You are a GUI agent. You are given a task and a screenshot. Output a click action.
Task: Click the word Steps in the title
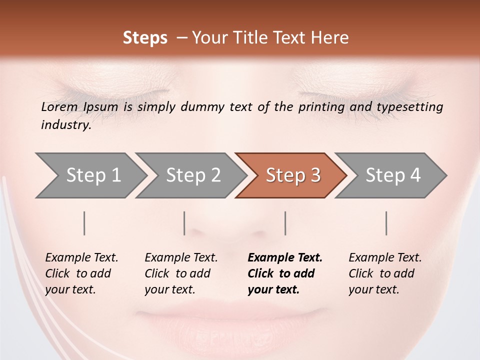[x=145, y=38]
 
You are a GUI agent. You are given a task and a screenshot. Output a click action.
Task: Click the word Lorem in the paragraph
[x=59, y=107]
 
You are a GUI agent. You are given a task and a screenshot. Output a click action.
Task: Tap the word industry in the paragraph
[x=66, y=125]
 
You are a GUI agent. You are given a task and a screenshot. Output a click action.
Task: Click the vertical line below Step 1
[x=84, y=223]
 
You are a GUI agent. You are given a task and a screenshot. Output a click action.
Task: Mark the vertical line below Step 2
[x=184, y=223]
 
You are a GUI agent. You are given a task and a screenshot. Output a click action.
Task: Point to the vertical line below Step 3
[x=285, y=223]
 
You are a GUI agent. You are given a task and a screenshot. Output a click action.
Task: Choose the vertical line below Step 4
[x=386, y=223]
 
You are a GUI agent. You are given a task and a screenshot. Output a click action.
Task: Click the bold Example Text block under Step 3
[x=285, y=273]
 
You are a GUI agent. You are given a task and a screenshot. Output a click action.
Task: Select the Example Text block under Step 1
[x=81, y=273]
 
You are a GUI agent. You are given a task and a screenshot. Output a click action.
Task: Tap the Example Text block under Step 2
[x=181, y=273]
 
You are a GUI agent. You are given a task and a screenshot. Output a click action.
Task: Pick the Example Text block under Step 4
[x=385, y=273]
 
